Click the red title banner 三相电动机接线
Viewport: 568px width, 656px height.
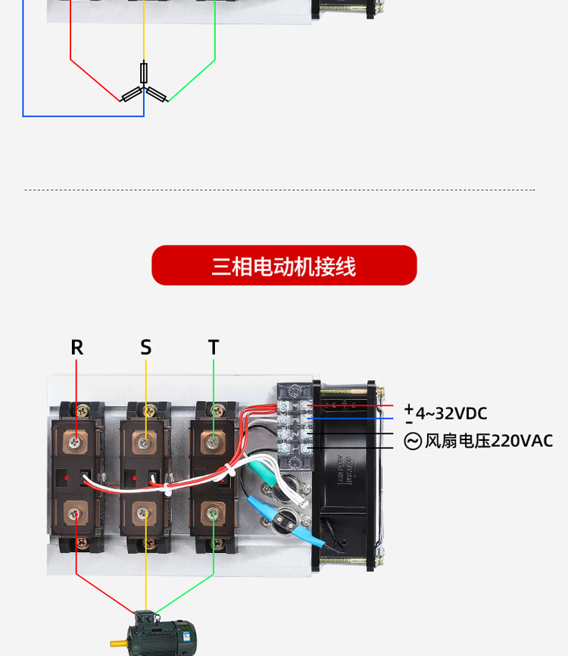pos(284,266)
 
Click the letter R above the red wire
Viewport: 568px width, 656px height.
pos(76,348)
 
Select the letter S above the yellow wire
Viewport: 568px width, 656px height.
pos(146,348)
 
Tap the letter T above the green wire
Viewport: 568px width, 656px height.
pos(214,348)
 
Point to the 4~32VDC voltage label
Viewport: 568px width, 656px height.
pos(451,414)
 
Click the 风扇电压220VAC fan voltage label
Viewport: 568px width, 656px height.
pos(488,441)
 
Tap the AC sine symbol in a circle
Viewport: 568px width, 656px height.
pos(413,441)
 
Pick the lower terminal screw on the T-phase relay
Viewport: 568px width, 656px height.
pos(214,514)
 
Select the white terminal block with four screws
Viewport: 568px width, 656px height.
pos(294,428)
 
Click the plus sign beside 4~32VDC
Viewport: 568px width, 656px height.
pos(409,408)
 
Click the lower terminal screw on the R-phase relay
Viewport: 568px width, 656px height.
pos(76,514)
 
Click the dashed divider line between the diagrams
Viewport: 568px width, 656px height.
pos(280,190)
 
